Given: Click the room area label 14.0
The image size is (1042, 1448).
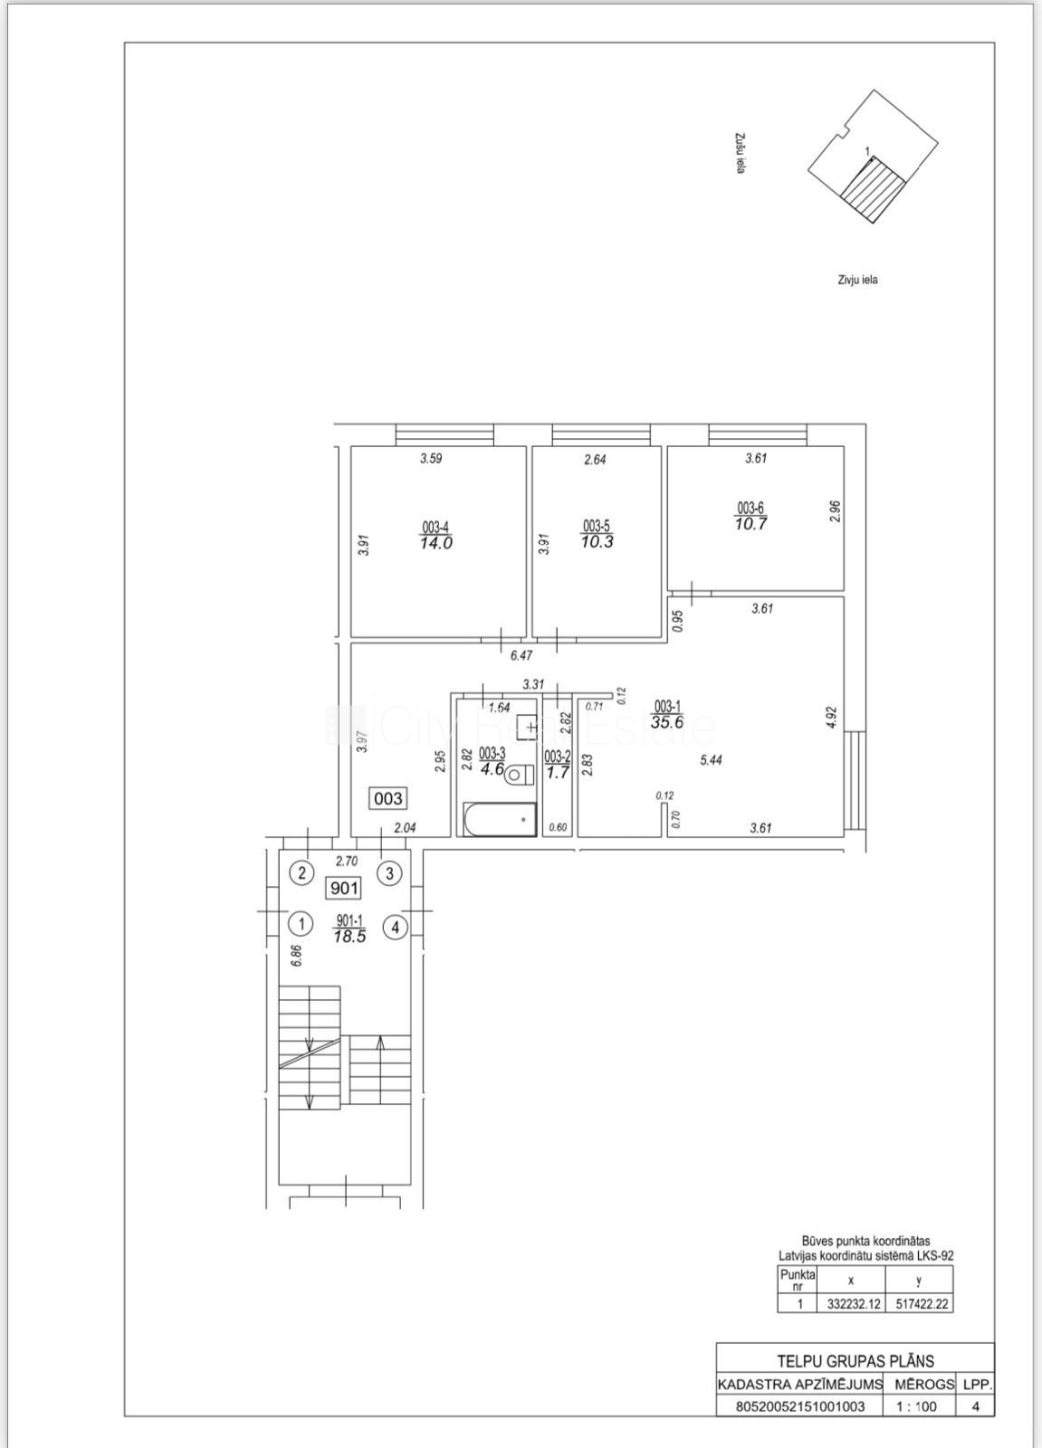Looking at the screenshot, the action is click(436, 542).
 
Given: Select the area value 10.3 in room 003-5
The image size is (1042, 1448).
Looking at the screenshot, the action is click(597, 541).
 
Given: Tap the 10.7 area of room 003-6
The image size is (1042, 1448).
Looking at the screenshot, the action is click(750, 524).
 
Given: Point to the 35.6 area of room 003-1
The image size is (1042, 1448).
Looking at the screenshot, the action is click(667, 722).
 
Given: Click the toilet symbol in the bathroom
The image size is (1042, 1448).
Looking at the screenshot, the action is click(520, 774).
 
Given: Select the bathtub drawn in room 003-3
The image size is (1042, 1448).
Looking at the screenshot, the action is click(501, 819).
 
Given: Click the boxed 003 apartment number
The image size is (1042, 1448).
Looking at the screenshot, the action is click(388, 798).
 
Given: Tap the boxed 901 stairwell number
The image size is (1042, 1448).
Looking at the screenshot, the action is click(344, 888).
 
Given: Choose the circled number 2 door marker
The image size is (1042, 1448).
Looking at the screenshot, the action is click(301, 873).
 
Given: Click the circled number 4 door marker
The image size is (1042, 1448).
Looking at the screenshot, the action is click(396, 929).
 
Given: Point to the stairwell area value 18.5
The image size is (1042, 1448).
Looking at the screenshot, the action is click(350, 937).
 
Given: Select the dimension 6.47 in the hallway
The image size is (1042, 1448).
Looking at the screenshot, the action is click(521, 655).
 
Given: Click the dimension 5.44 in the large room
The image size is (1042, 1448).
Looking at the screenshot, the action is click(711, 760).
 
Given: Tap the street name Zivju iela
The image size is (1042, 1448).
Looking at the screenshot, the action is click(857, 280).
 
